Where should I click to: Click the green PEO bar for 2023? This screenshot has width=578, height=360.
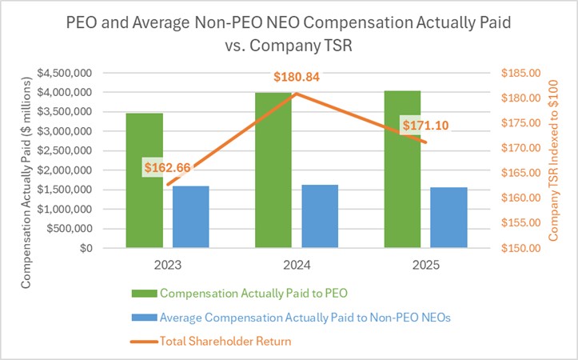144,181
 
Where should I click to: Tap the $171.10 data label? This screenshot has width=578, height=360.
425,126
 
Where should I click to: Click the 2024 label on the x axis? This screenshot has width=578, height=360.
297,265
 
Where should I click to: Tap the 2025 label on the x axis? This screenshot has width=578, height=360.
426,265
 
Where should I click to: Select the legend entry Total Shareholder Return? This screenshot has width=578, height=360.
225,341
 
